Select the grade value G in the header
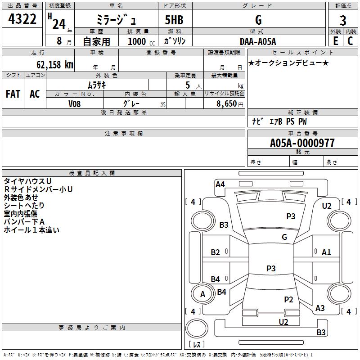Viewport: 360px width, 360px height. pos(258,20)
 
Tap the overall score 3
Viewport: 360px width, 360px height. pos(343,21)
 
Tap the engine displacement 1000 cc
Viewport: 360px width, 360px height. pos(139,41)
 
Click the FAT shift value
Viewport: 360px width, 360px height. pos(13,94)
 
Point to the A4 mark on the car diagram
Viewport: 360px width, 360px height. pos(220,184)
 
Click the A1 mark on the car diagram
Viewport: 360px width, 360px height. pos(326,252)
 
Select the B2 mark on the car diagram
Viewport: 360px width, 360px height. pos(216,252)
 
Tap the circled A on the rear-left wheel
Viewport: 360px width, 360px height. pos(202,294)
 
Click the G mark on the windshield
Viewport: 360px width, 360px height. pos(284,237)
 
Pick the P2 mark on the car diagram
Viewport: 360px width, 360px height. pos(288,299)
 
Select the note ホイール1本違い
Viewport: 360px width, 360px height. pos(31,229)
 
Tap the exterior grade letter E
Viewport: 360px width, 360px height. pos(335,41)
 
